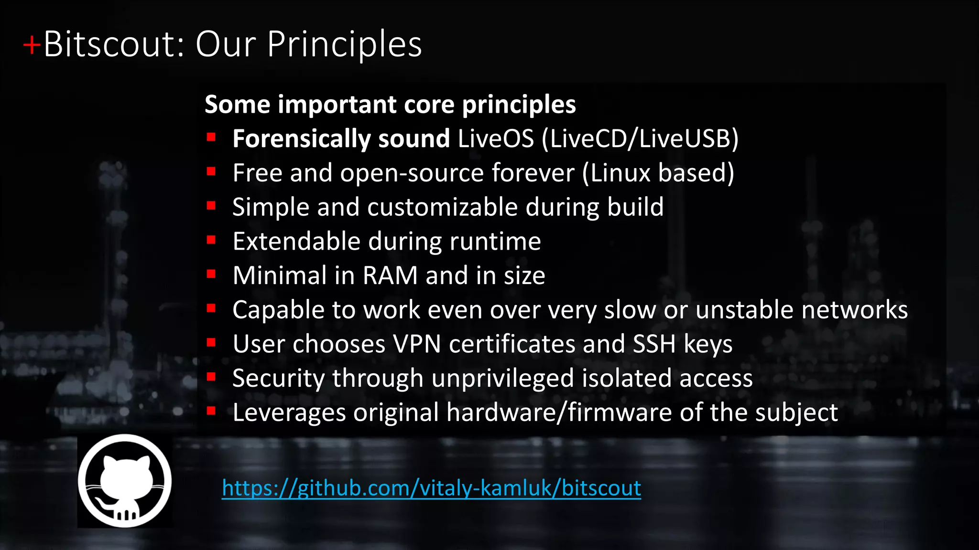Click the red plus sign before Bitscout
[32, 46]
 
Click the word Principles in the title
[344, 44]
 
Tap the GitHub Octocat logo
[125, 481]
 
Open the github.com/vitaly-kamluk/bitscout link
[431, 488]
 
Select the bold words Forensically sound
[341, 138]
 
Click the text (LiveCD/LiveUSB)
[640, 138]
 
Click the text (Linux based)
[658, 173]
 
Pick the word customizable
[442, 207]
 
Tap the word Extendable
[296, 241]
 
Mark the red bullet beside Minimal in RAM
[211, 274]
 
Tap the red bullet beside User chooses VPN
[211, 342]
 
